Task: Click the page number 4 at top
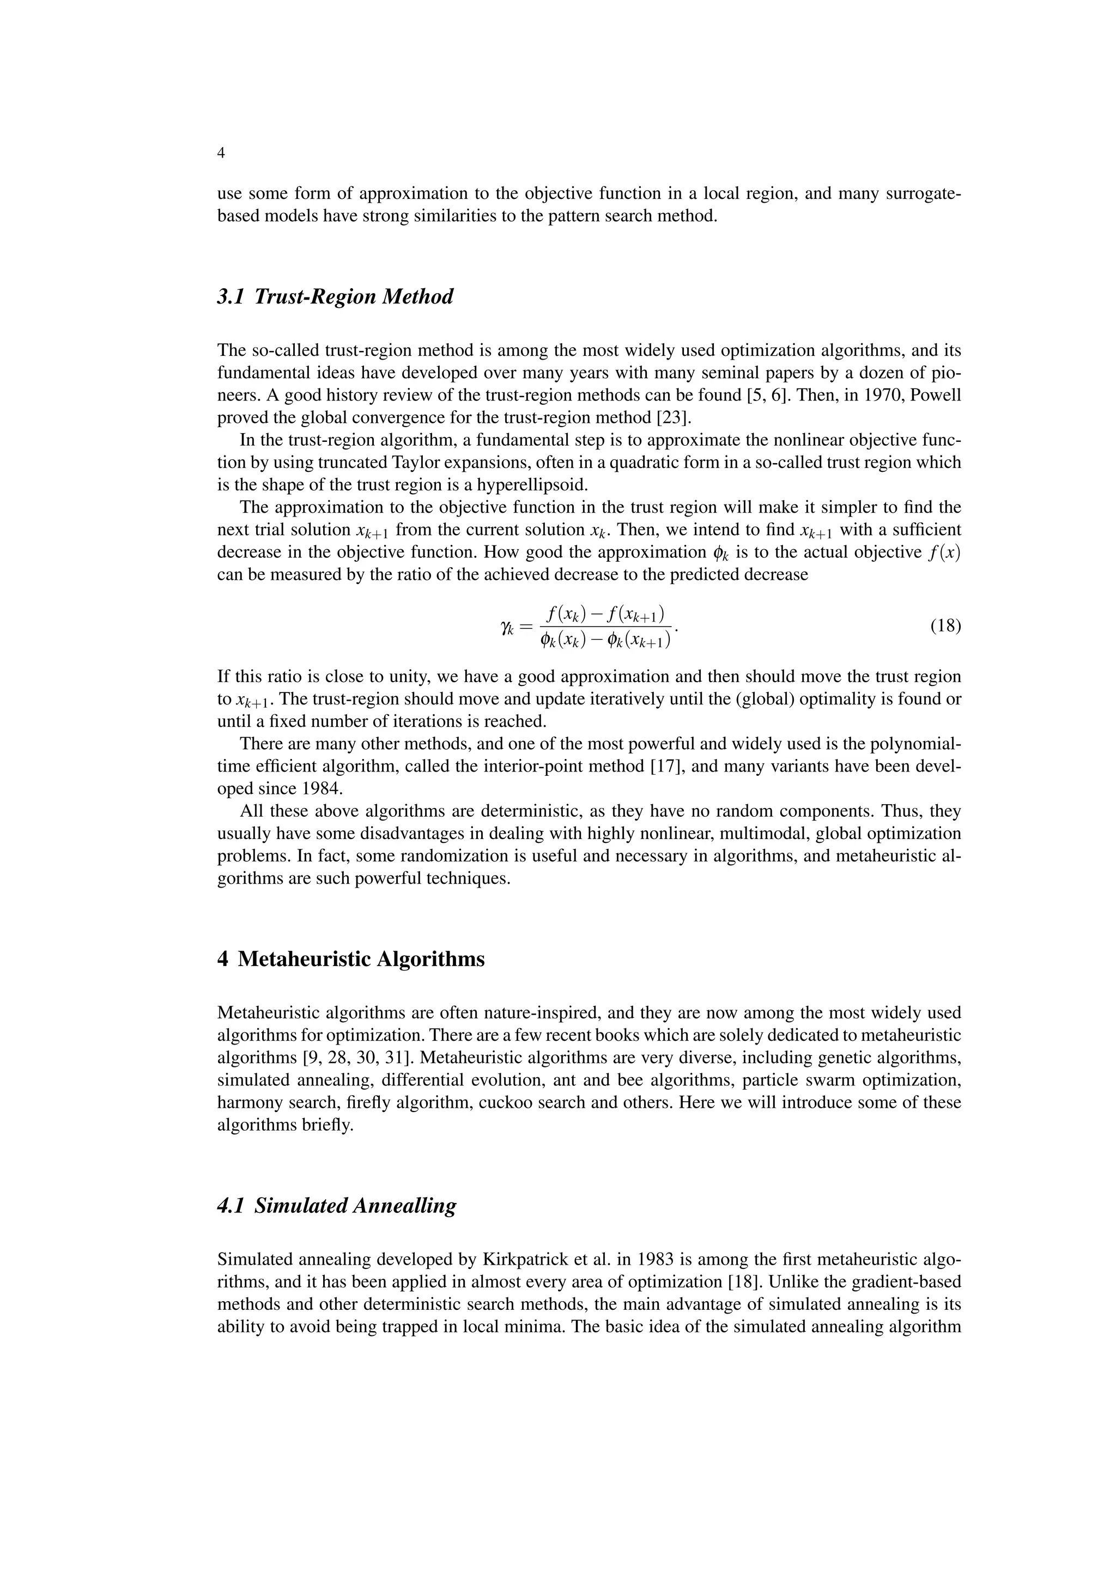pyautogui.click(x=221, y=153)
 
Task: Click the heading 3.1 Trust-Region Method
pyautogui.click(x=335, y=297)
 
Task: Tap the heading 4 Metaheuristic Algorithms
pyautogui.click(x=351, y=959)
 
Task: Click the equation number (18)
pyautogui.click(x=945, y=626)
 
